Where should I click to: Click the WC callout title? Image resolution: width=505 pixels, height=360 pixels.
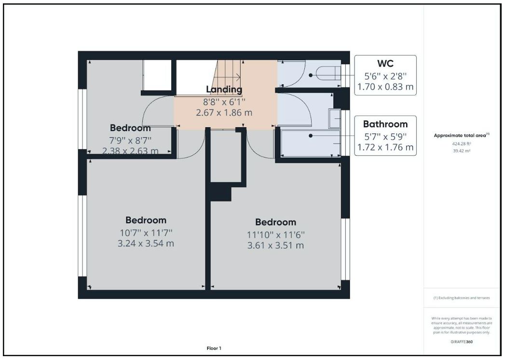(385, 64)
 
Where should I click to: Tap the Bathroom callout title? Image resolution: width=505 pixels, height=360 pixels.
(385, 124)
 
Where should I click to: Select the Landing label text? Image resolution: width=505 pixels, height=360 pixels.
(224, 90)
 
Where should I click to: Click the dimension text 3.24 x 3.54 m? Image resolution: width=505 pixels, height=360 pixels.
(146, 244)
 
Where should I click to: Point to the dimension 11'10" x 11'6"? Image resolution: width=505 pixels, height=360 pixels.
(275, 235)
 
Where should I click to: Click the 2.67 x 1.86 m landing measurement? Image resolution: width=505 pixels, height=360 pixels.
(224, 113)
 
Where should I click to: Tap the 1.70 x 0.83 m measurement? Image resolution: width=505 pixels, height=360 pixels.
(385, 87)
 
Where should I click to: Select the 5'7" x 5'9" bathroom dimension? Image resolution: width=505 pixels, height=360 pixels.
(385, 136)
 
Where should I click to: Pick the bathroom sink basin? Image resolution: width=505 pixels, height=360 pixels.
(334, 119)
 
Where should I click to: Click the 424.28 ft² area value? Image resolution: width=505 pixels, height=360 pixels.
(462, 144)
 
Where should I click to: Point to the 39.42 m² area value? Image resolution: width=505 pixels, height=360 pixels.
(462, 150)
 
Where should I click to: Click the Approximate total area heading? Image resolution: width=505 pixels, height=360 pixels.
(461, 135)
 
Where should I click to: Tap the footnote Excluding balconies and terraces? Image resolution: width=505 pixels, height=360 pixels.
(462, 298)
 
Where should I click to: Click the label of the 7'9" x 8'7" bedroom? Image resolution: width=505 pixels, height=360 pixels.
(130, 128)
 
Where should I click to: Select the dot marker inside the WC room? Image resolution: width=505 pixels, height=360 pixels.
(312, 75)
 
